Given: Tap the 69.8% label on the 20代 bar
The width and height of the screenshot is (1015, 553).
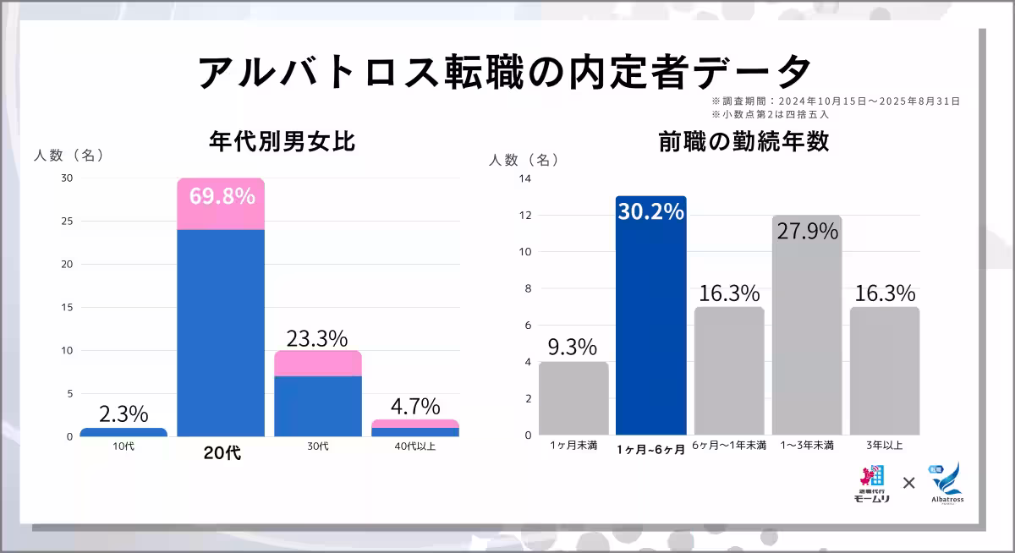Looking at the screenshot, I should [222, 196].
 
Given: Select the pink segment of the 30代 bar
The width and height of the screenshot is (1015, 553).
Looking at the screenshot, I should [318, 364].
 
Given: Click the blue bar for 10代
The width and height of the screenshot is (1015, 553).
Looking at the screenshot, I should [123, 432].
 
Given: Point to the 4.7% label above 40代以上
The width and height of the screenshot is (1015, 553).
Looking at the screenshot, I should [414, 405].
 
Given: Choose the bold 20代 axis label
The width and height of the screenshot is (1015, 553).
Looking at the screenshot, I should [222, 453].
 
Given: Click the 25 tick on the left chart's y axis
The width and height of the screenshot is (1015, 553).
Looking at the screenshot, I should [68, 221].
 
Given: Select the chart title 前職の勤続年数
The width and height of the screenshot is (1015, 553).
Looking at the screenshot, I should [743, 142].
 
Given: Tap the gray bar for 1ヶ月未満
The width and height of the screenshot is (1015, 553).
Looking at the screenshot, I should [573, 398].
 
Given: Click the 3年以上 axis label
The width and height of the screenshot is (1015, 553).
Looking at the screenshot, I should [884, 446].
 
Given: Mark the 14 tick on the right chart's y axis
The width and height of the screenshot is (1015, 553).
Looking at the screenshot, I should [524, 178].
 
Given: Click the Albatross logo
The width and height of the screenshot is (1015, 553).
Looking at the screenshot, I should [946, 484].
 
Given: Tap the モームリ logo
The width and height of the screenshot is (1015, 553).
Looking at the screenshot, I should [872, 485].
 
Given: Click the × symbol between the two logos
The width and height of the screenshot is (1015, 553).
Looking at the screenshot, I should [909, 483].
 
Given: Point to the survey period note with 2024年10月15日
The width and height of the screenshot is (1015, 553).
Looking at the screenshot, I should [835, 101].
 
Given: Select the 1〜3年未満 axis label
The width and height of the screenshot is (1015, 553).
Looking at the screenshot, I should [807, 446].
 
